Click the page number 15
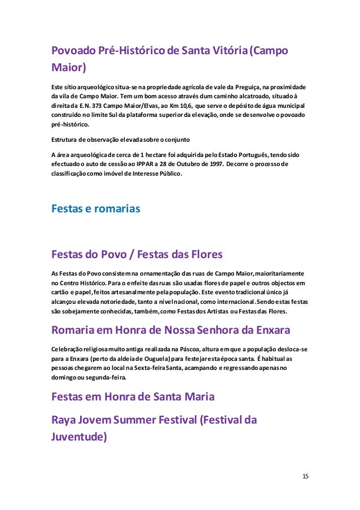[305, 476]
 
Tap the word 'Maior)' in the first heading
[68, 69]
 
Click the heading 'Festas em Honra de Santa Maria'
[133, 396]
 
